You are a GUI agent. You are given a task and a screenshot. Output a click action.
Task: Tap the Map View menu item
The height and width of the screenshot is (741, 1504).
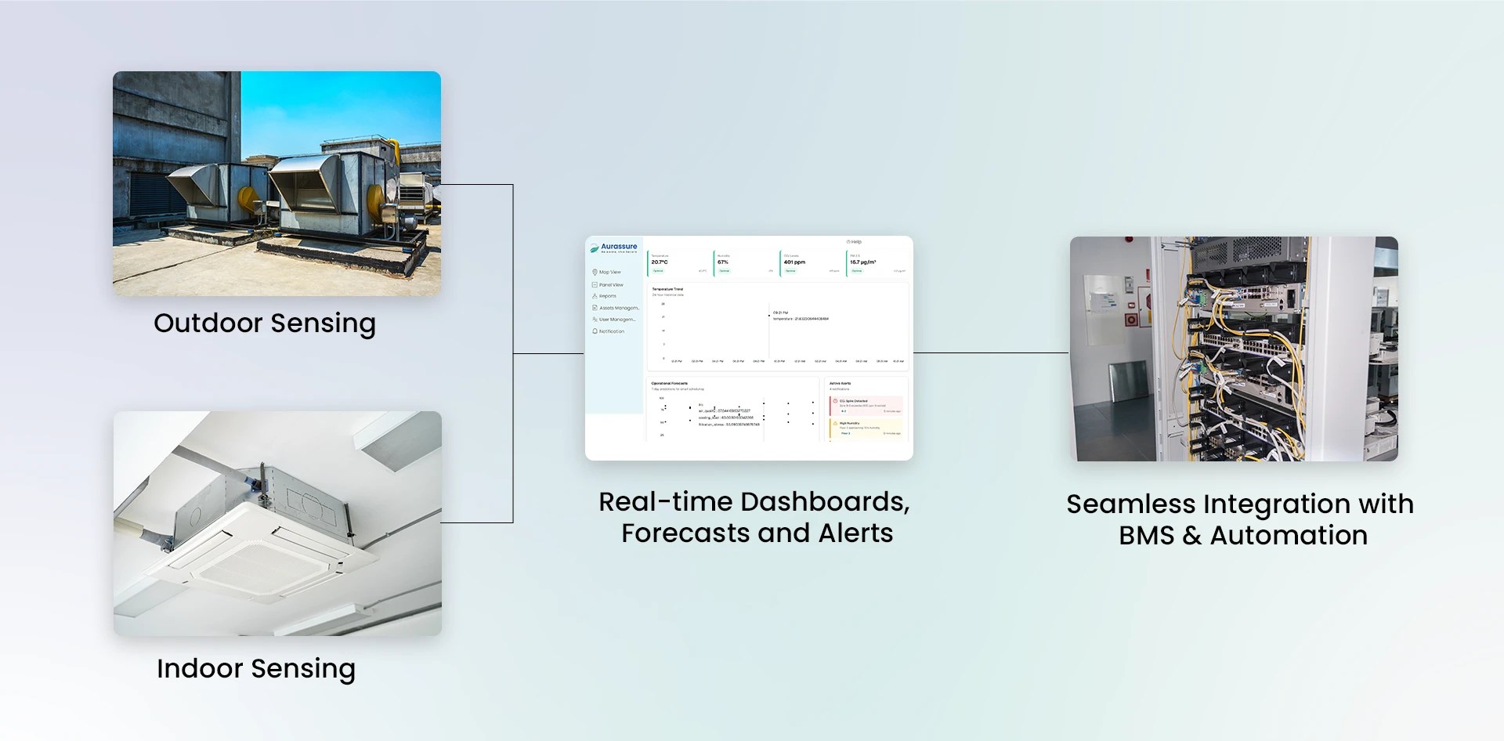[609, 273]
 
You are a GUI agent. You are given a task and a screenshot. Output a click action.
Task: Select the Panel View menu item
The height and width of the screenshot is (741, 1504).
[611, 285]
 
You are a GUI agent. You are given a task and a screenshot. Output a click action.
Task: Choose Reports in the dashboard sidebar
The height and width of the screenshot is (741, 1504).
[607, 296]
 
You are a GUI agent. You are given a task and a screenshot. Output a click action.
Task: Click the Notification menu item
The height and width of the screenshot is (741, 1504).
[611, 331]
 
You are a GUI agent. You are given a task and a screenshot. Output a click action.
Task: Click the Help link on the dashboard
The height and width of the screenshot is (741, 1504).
[855, 242]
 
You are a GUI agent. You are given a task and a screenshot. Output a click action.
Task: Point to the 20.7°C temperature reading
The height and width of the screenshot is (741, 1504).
[660, 262]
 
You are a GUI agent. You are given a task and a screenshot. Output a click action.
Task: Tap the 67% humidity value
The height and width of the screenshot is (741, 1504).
[723, 262]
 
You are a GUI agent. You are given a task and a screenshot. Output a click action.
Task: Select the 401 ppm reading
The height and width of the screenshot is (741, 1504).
[794, 262]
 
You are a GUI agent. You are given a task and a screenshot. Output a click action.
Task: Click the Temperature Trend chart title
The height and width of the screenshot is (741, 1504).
[667, 289]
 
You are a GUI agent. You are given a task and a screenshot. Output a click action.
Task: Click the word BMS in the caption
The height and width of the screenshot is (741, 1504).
[1147, 536]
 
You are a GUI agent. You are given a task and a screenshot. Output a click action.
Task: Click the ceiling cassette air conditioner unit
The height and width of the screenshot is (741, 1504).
[266, 548]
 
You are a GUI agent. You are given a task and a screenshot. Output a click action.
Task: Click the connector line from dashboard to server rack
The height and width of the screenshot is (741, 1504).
[991, 352]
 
